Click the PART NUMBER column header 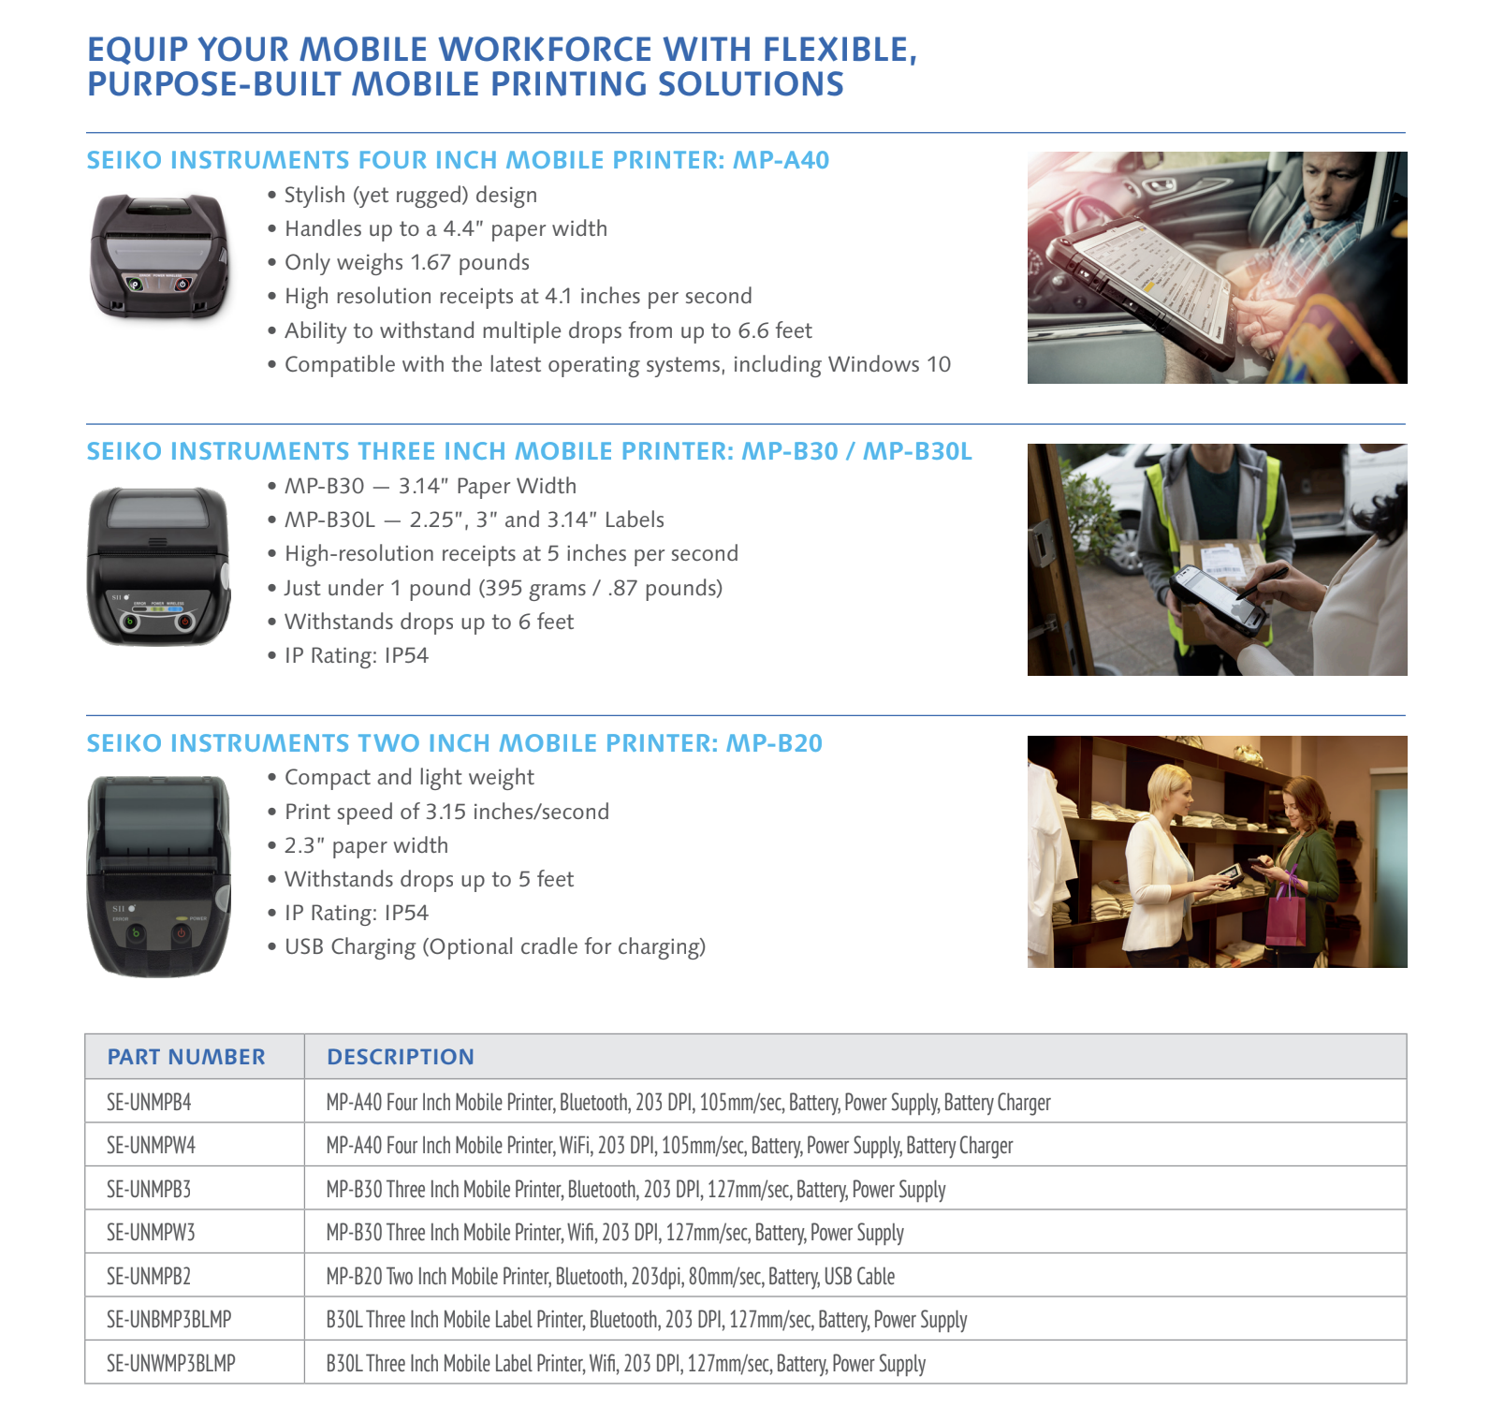tap(186, 1057)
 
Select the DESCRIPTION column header tap(401, 1057)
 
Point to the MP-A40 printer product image tap(158, 255)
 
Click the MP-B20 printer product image tap(158, 876)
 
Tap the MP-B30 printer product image tap(158, 565)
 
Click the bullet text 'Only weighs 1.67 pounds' tap(407, 262)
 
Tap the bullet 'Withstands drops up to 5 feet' tap(430, 879)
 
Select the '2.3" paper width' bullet tap(367, 845)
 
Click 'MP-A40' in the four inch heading tap(781, 160)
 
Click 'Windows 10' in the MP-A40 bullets tap(890, 364)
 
